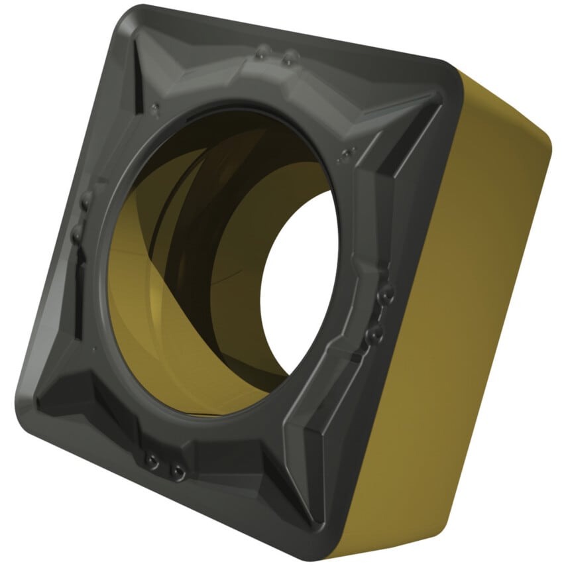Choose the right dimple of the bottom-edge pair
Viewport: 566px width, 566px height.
177,471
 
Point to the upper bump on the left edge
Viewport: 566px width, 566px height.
85,199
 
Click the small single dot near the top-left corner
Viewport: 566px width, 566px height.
154,107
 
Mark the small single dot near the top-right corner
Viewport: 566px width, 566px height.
345,156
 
